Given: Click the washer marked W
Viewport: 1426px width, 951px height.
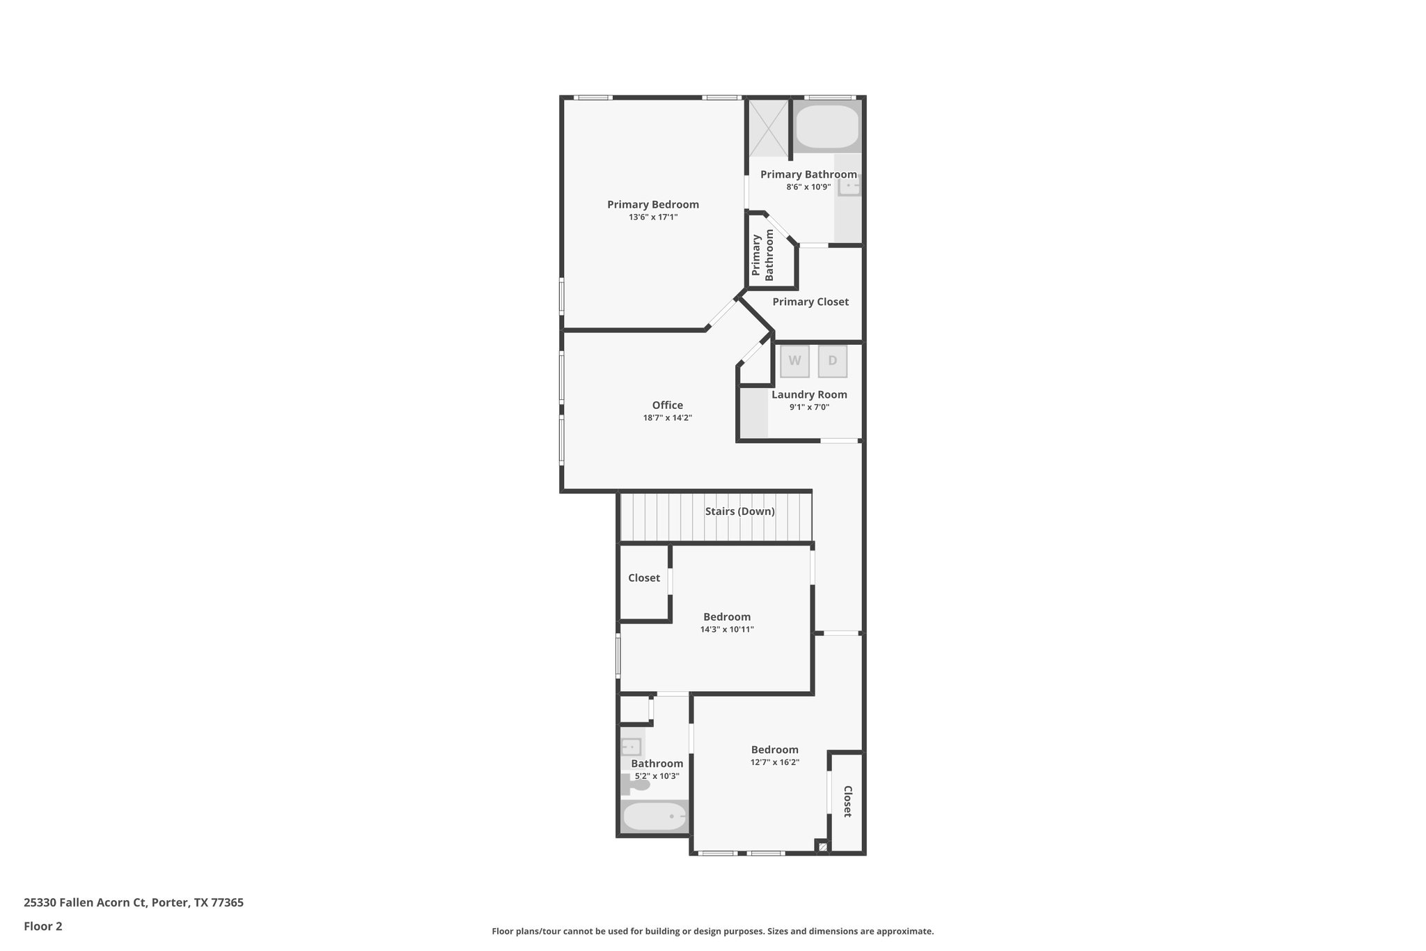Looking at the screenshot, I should point(794,361).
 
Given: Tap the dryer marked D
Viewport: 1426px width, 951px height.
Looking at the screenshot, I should point(832,361).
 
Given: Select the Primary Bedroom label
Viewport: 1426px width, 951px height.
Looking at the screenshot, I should point(652,204).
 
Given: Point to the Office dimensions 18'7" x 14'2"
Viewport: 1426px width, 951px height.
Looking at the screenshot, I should point(667,418).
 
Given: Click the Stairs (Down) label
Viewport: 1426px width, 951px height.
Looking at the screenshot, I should point(739,511).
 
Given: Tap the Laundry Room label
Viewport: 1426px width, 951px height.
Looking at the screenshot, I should point(809,394).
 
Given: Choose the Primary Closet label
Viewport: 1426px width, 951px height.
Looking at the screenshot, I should point(810,302).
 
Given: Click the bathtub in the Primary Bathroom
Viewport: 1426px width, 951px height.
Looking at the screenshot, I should point(827,126).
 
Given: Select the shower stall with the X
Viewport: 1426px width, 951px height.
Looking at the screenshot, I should point(767,128).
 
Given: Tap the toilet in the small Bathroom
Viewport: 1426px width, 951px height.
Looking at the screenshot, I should point(637,785).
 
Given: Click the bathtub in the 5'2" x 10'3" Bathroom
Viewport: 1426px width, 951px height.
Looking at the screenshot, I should point(654,816).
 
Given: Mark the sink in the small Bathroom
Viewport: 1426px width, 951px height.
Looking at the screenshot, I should point(631,747).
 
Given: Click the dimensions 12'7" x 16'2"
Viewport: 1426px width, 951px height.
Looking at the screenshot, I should point(774,762).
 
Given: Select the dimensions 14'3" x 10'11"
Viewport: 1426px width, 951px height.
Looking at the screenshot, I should point(727,630).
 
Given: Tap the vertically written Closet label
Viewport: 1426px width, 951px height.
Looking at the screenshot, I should point(847,801).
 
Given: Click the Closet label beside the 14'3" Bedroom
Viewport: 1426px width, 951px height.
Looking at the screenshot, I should point(644,578).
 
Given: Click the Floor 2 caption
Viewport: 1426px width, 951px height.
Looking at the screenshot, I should point(43,927).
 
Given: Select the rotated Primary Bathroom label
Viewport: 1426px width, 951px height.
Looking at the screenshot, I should point(762,255).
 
